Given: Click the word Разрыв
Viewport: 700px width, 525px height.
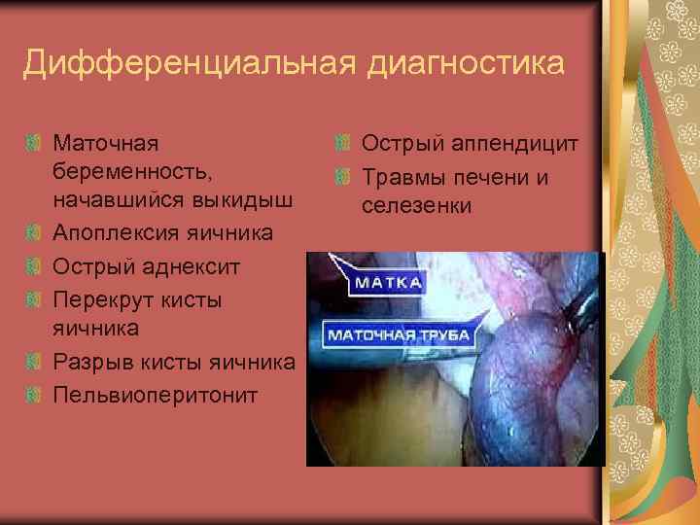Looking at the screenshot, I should click(x=93, y=363).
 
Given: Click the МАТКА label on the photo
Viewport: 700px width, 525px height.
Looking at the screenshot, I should click(x=386, y=283).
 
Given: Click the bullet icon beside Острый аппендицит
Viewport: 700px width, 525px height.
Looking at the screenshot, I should click(x=340, y=145).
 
